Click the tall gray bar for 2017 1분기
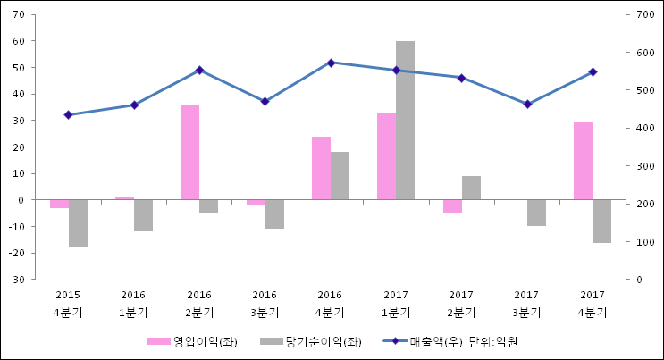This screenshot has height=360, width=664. pos(405,121)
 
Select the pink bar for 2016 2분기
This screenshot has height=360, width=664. pos(189,152)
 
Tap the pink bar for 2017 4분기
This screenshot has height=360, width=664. pos(583,161)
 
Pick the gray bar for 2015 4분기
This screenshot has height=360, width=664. pos(78,223)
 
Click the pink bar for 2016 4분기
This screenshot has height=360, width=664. pos(321,168)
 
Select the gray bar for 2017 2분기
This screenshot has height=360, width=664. pos(471,188)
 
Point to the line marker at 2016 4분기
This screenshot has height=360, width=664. pos(331,63)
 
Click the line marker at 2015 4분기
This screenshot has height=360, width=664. pos(68,114)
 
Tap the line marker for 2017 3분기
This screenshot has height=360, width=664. pos(527,104)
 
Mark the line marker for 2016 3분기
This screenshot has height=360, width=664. pos(265,101)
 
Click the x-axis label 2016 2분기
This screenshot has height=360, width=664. pos(199,303)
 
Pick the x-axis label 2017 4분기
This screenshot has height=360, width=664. pos(593,303)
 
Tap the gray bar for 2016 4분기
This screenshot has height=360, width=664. pos(340,176)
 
